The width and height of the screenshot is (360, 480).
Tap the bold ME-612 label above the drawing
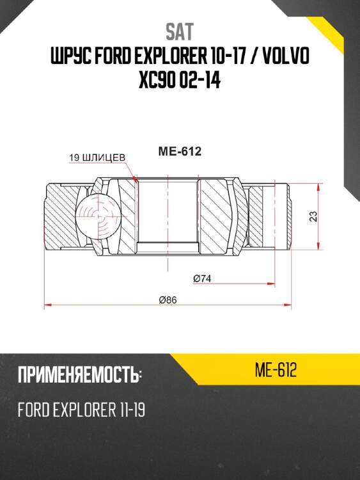(x=180, y=152)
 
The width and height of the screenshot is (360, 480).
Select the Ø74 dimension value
(x=202, y=278)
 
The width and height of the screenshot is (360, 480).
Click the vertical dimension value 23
(x=313, y=216)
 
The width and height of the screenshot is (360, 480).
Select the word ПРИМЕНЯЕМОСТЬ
(x=79, y=376)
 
